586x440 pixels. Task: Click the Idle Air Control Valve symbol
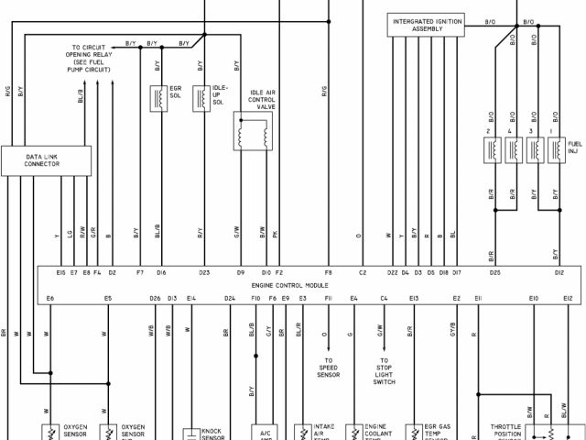coord(251,134)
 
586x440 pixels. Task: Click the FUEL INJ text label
coord(574,148)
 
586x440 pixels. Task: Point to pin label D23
coord(204,272)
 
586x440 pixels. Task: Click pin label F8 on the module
coord(328,272)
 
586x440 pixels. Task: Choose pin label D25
coord(494,272)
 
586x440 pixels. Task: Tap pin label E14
coord(190,298)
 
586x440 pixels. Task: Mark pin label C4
coord(384,298)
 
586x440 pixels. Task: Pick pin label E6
coord(50,298)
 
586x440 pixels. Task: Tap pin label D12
coord(559,272)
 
